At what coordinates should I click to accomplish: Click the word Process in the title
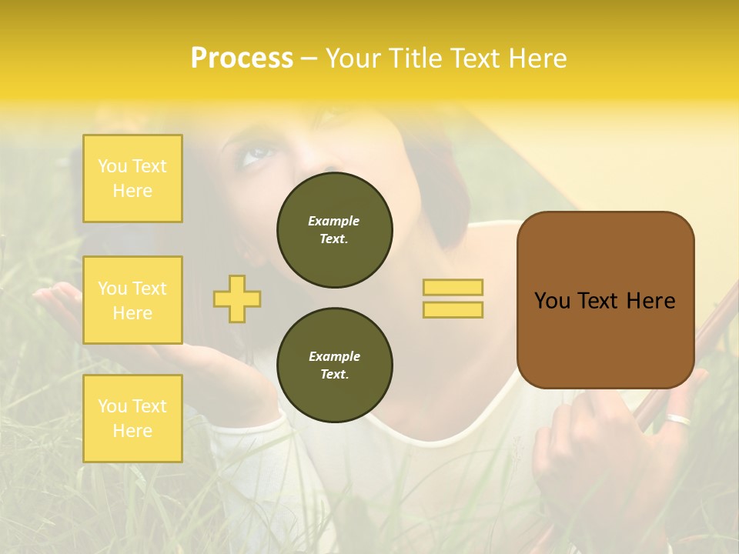[x=242, y=58]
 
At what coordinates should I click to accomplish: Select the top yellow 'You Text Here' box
[x=132, y=179]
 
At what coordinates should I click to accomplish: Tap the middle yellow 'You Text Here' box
[x=132, y=300]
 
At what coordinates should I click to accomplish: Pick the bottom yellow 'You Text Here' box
[x=132, y=419]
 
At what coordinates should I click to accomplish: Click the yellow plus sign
[x=237, y=299]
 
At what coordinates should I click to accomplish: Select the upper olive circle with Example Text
[x=334, y=230]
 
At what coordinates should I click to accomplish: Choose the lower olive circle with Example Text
[x=334, y=365]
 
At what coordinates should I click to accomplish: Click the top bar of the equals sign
[x=453, y=287]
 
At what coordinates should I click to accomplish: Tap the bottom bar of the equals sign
[x=453, y=310]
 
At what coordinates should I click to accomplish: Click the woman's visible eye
[x=255, y=155]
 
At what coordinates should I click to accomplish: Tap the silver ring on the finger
[x=679, y=419]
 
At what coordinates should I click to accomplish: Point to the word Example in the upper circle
[x=334, y=221]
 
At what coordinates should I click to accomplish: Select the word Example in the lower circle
[x=334, y=356]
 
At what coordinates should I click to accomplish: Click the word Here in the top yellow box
[x=132, y=191]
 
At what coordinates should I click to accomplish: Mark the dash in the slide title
[x=309, y=58]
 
